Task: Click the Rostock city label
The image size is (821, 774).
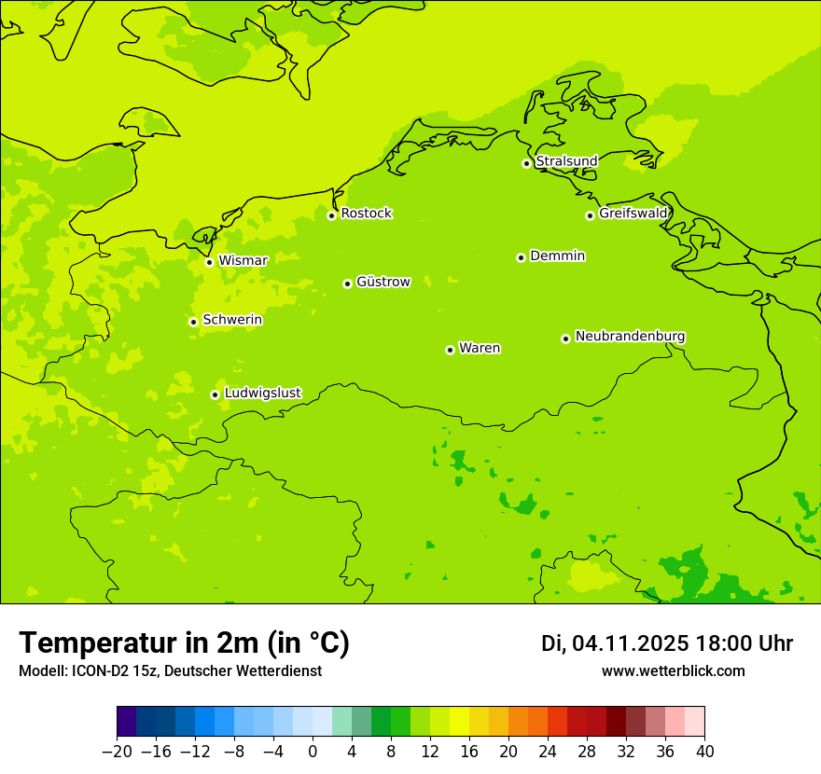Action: point(366,214)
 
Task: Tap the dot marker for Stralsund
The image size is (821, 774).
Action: point(526,163)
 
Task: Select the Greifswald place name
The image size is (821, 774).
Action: point(633,214)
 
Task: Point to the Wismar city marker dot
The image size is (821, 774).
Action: point(209,262)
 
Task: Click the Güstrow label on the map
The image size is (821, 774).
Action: point(383,282)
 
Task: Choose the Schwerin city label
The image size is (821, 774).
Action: point(232,320)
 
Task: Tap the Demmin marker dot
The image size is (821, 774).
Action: point(521,257)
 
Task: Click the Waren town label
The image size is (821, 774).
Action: point(480,348)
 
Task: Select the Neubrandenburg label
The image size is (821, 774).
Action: point(630,336)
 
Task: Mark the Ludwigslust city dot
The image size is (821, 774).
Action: point(215,394)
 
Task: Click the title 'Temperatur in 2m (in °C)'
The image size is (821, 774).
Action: point(184,643)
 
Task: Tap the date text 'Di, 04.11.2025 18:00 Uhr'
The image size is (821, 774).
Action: point(667,643)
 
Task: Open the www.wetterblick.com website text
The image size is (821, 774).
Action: point(673,670)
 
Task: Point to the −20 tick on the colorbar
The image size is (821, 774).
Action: point(117,751)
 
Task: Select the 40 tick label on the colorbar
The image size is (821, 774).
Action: point(704,751)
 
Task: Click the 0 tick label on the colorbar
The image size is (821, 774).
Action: point(313,751)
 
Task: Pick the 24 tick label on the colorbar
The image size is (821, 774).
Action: point(548,751)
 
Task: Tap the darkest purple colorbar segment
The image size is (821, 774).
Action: point(127,722)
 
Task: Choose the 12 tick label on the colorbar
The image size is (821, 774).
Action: point(430,751)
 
